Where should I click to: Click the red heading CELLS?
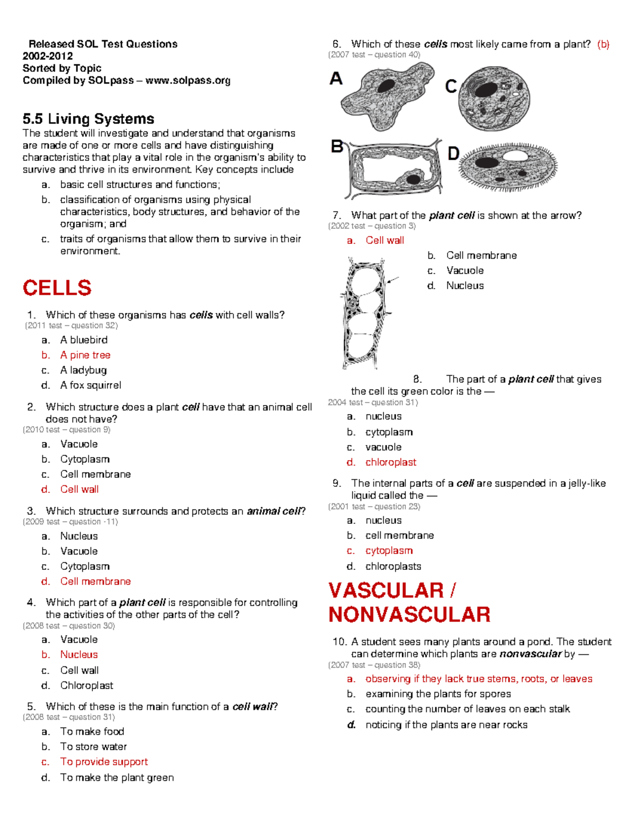pos(57,288)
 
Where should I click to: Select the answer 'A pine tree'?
pos(85,355)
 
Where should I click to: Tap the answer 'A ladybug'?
pos(83,370)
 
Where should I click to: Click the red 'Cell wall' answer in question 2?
pos(79,489)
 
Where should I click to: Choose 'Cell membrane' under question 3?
pos(95,581)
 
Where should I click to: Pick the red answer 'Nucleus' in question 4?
pos(79,654)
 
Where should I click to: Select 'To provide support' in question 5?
pos(104,762)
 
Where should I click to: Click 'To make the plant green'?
pos(116,777)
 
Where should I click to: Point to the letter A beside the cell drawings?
pos(336,79)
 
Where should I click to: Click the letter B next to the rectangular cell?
pos(337,146)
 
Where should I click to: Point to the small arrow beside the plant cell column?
pos(393,280)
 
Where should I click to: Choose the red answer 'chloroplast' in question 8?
pos(390,462)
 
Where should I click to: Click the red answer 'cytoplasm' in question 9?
pos(389,550)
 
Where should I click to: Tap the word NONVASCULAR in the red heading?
pos(409,615)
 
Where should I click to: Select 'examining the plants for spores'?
pos(438,694)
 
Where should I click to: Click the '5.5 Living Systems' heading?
pos(88,119)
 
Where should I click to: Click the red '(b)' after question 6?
pos(603,44)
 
